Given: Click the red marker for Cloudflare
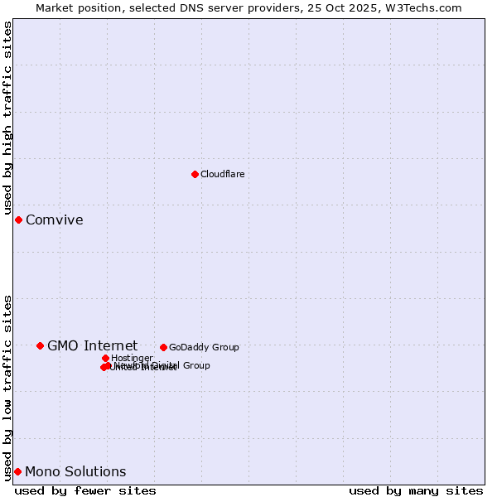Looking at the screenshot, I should [x=195, y=174].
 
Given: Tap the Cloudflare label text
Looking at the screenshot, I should [x=222, y=174].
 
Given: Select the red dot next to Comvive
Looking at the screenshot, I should [x=18, y=220].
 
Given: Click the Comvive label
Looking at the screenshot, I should [x=54, y=220].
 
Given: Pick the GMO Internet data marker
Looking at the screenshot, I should [x=40, y=345].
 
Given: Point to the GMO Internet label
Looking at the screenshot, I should [x=92, y=345].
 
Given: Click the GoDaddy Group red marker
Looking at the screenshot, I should [x=163, y=347].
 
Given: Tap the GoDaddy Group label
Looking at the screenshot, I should [x=204, y=347].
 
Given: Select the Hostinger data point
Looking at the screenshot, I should [x=105, y=358].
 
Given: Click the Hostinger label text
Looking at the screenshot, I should [x=132, y=358].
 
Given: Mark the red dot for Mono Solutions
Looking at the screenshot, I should [x=17, y=471].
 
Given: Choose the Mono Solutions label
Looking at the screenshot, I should [x=75, y=471].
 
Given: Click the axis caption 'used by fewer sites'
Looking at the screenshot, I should [x=85, y=490].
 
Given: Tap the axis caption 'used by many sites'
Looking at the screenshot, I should [x=416, y=490].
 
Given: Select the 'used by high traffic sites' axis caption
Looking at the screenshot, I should [x=8, y=119].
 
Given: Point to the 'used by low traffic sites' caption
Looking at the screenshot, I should [x=8, y=388].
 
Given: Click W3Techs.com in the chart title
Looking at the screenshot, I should [x=427, y=7].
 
